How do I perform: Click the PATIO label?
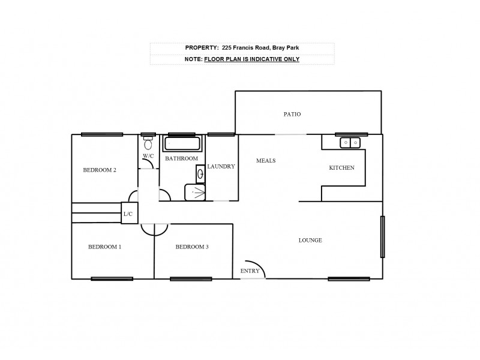(292, 114)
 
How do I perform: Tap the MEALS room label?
(266, 160)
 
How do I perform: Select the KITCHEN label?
(341, 168)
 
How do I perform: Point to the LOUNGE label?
(310, 241)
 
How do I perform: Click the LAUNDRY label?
(221, 166)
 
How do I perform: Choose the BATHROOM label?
(181, 158)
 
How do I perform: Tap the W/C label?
(148, 157)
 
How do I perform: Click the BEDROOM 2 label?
(99, 170)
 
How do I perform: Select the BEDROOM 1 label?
(105, 247)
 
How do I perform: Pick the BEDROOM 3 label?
(192, 247)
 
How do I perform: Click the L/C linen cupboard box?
(129, 214)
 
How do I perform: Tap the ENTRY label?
(250, 271)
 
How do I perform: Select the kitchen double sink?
(349, 142)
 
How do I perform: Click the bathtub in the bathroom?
(182, 145)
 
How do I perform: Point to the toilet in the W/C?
(148, 144)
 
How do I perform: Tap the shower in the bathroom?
(194, 193)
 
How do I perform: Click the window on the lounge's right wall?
(382, 236)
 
